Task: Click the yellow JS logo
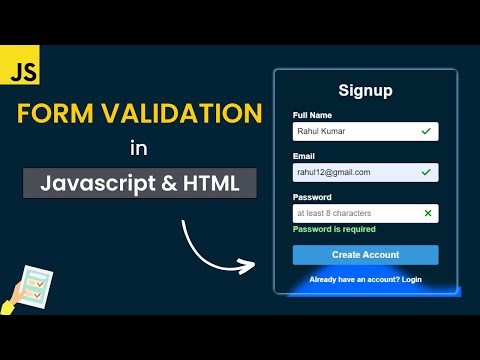(x=19, y=73)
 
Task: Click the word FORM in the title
(x=56, y=113)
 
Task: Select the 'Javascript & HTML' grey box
(x=139, y=183)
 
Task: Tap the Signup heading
(x=365, y=90)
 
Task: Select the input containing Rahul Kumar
(x=355, y=131)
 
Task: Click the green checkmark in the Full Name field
(x=427, y=131)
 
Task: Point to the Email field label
(x=303, y=156)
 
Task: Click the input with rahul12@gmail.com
(x=355, y=172)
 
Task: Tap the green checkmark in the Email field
(x=427, y=172)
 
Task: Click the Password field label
(x=312, y=197)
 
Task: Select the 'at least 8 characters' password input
(x=355, y=213)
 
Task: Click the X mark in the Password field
(x=428, y=213)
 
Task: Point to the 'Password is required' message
(x=333, y=230)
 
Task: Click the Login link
(x=411, y=279)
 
